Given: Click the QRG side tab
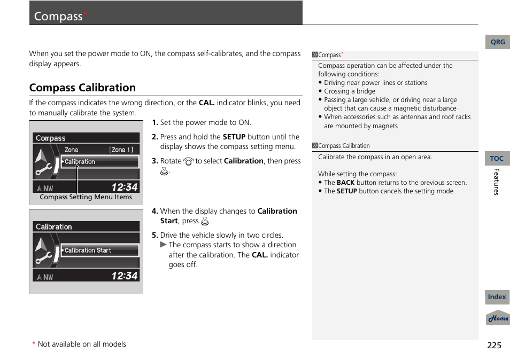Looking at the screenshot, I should point(497,42).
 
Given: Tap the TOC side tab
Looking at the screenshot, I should point(497,159).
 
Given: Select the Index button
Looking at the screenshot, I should point(497,297).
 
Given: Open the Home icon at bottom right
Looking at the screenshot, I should point(498,318).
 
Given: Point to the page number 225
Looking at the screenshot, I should point(494,345).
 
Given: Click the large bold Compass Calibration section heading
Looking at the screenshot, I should point(82,88).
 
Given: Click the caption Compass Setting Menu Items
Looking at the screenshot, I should point(86,197).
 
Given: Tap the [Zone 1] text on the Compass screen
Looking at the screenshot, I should point(121,150).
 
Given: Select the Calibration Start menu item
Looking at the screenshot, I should point(88,250).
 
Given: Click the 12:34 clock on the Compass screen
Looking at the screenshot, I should point(125,187).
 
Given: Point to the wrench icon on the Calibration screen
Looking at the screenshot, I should point(43,259).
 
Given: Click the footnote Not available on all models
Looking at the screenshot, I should point(82,345).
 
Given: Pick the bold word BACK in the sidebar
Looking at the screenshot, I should point(345,183).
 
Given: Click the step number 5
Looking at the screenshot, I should point(154,235).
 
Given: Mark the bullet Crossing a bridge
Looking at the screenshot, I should point(350,91).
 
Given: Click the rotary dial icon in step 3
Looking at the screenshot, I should point(188,161).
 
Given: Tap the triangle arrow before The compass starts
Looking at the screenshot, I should point(164,245).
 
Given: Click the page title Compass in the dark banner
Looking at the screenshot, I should point(58,16).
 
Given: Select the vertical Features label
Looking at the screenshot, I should point(496,182).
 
